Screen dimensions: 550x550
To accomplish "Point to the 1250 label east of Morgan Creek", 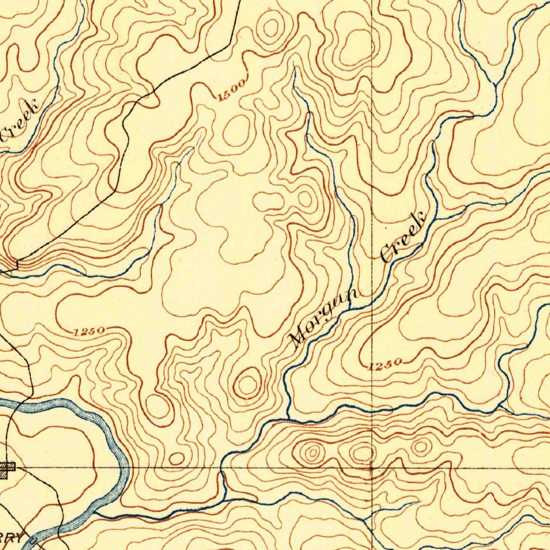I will pos(385,366).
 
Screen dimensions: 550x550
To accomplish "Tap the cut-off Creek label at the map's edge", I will pos(20,119).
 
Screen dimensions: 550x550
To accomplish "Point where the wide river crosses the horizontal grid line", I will pos(124,468).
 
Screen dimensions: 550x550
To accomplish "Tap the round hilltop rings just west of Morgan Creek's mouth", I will pos(247,383).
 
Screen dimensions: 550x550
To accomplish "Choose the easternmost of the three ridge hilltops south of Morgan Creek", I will pos(421,446).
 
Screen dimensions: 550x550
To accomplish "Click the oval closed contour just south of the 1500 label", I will pos(236,131).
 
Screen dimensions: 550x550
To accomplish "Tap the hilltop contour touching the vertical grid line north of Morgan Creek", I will pos(357,43).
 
